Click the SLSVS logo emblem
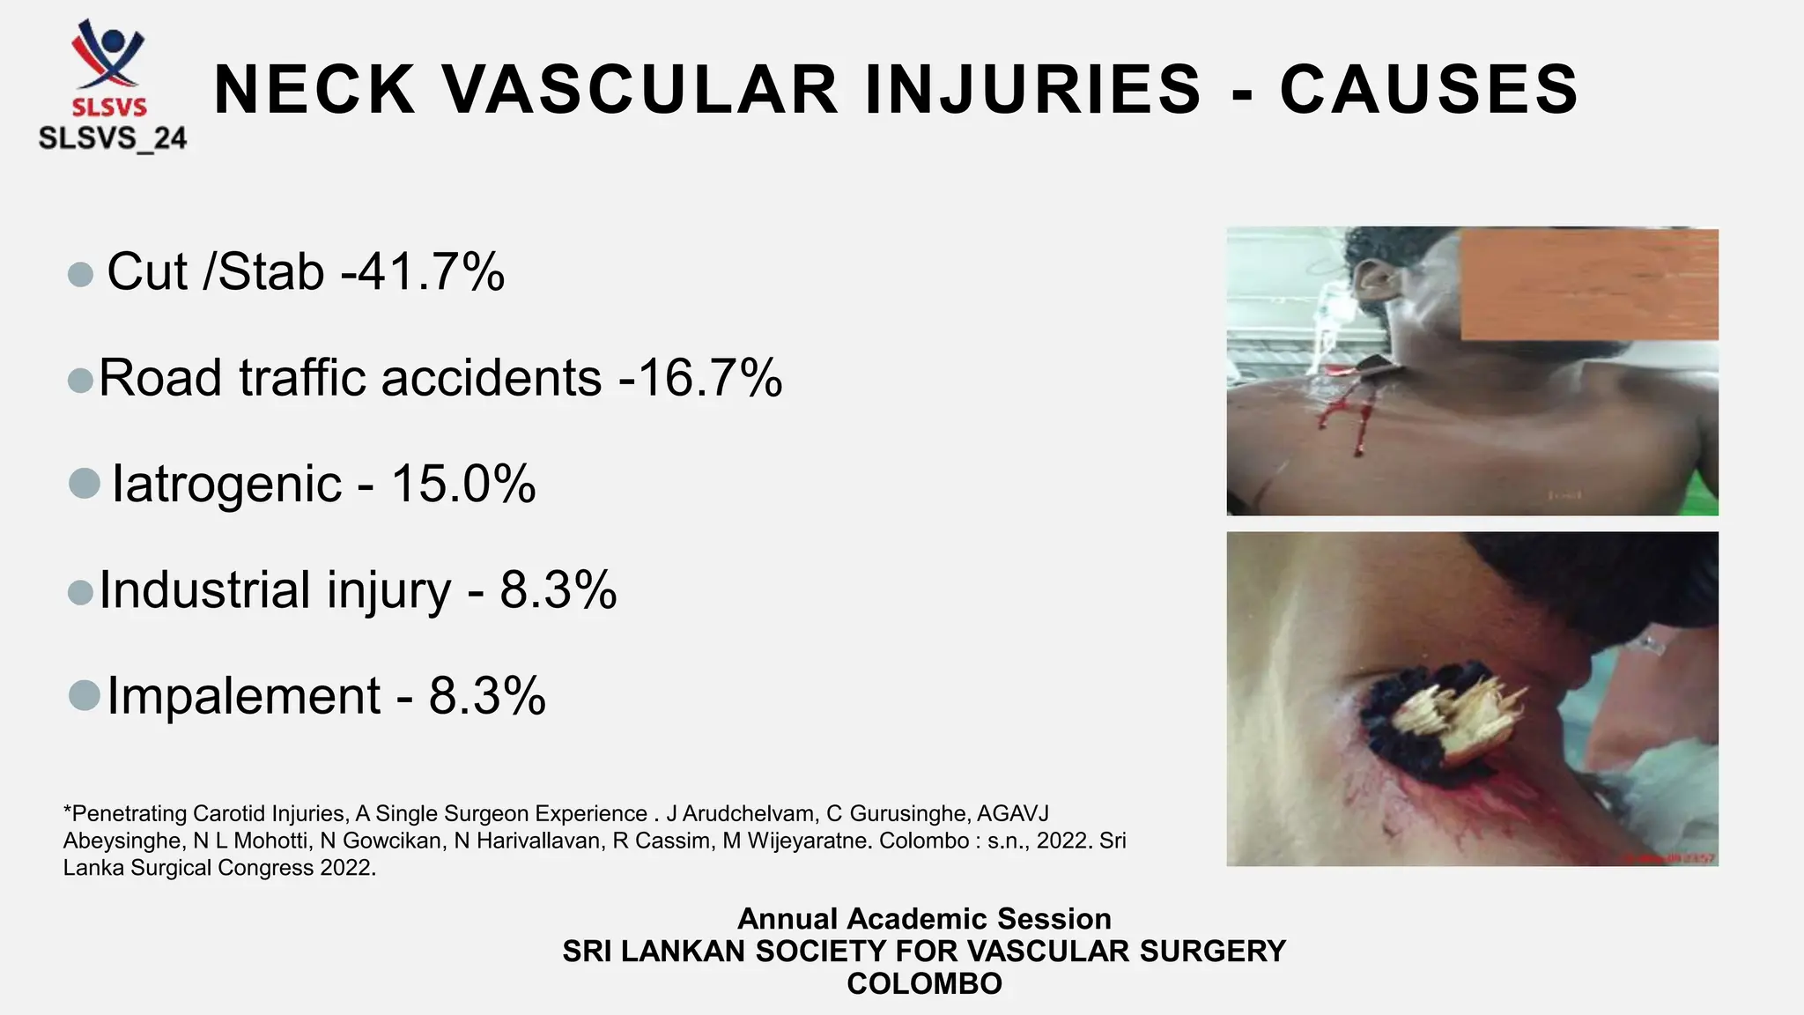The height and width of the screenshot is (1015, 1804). coord(109,55)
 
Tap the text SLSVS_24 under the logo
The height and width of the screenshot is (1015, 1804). coord(113,138)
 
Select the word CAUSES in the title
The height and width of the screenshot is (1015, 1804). coord(1429,90)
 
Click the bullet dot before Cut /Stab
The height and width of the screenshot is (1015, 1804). coord(80,274)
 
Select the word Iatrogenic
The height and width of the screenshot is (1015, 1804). coord(226,484)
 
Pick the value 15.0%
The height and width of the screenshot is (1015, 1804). coord(463,484)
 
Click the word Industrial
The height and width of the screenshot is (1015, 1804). coord(205,589)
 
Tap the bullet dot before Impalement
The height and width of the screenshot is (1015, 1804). coord(84,695)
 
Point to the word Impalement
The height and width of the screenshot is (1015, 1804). coord(244,696)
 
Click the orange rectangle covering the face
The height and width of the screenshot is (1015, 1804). coord(1589,284)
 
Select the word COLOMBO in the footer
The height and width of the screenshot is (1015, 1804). coord(924,983)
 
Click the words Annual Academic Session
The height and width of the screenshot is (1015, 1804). coord(924,919)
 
